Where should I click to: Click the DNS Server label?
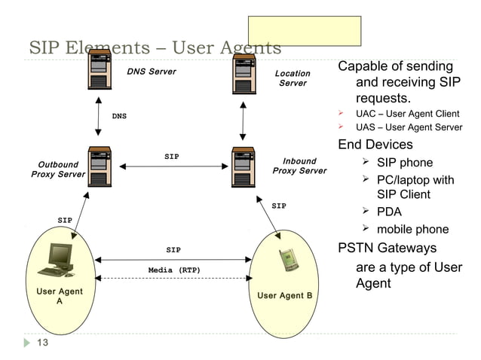click(x=152, y=72)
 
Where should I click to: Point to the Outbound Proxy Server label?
click(x=58, y=169)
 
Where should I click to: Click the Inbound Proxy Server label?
click(x=299, y=166)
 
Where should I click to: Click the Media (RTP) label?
click(x=173, y=270)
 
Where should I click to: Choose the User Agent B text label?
click(x=285, y=295)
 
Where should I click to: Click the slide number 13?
click(x=42, y=345)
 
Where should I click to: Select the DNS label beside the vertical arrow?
click(x=119, y=117)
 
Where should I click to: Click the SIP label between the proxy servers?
click(x=172, y=157)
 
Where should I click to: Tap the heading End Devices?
click(x=375, y=144)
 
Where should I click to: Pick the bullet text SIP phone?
click(x=405, y=163)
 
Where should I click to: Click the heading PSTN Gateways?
click(x=387, y=248)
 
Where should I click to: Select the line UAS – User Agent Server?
click(x=409, y=127)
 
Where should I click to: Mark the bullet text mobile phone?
click(x=412, y=230)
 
